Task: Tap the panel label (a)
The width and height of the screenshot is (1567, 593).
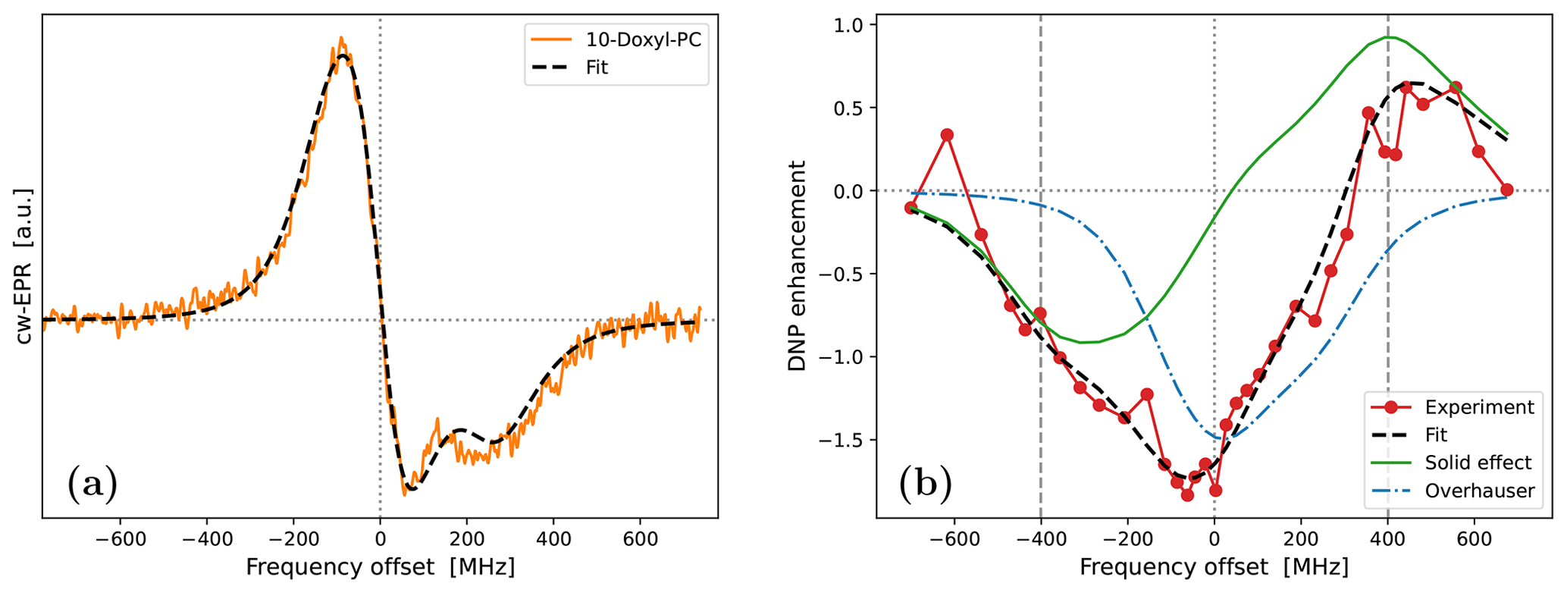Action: (x=92, y=483)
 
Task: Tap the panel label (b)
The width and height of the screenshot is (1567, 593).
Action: (x=925, y=483)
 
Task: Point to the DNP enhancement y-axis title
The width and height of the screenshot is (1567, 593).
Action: (x=797, y=265)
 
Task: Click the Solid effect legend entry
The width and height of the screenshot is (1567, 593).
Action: (x=1478, y=463)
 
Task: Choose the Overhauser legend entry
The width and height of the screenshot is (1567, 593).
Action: (x=1479, y=491)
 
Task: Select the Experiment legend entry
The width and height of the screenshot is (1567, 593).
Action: (x=1479, y=407)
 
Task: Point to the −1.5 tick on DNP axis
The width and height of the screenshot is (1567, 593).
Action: (x=843, y=440)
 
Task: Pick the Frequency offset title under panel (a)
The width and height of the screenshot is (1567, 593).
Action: (x=380, y=567)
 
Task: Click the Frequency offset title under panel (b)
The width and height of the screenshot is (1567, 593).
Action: (x=1214, y=567)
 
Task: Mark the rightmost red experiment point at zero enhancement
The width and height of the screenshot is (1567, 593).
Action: (x=1507, y=190)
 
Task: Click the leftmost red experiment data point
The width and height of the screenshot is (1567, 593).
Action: (x=911, y=208)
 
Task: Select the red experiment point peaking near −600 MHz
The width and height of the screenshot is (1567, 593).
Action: (x=947, y=135)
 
